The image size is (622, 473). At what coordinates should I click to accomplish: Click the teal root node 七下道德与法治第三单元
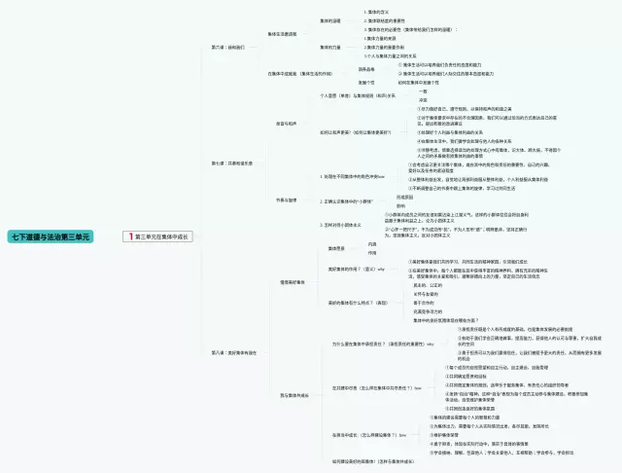tap(50, 236)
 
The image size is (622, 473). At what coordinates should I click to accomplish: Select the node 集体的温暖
tap(330, 19)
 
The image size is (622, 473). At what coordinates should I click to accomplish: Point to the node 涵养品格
tap(339, 69)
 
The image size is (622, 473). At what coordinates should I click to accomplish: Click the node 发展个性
tap(339, 83)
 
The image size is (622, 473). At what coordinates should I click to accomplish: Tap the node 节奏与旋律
tap(288, 199)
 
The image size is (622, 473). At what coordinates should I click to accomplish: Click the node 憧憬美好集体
tap(293, 282)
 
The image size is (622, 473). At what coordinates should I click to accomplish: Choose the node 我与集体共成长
tap(294, 395)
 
